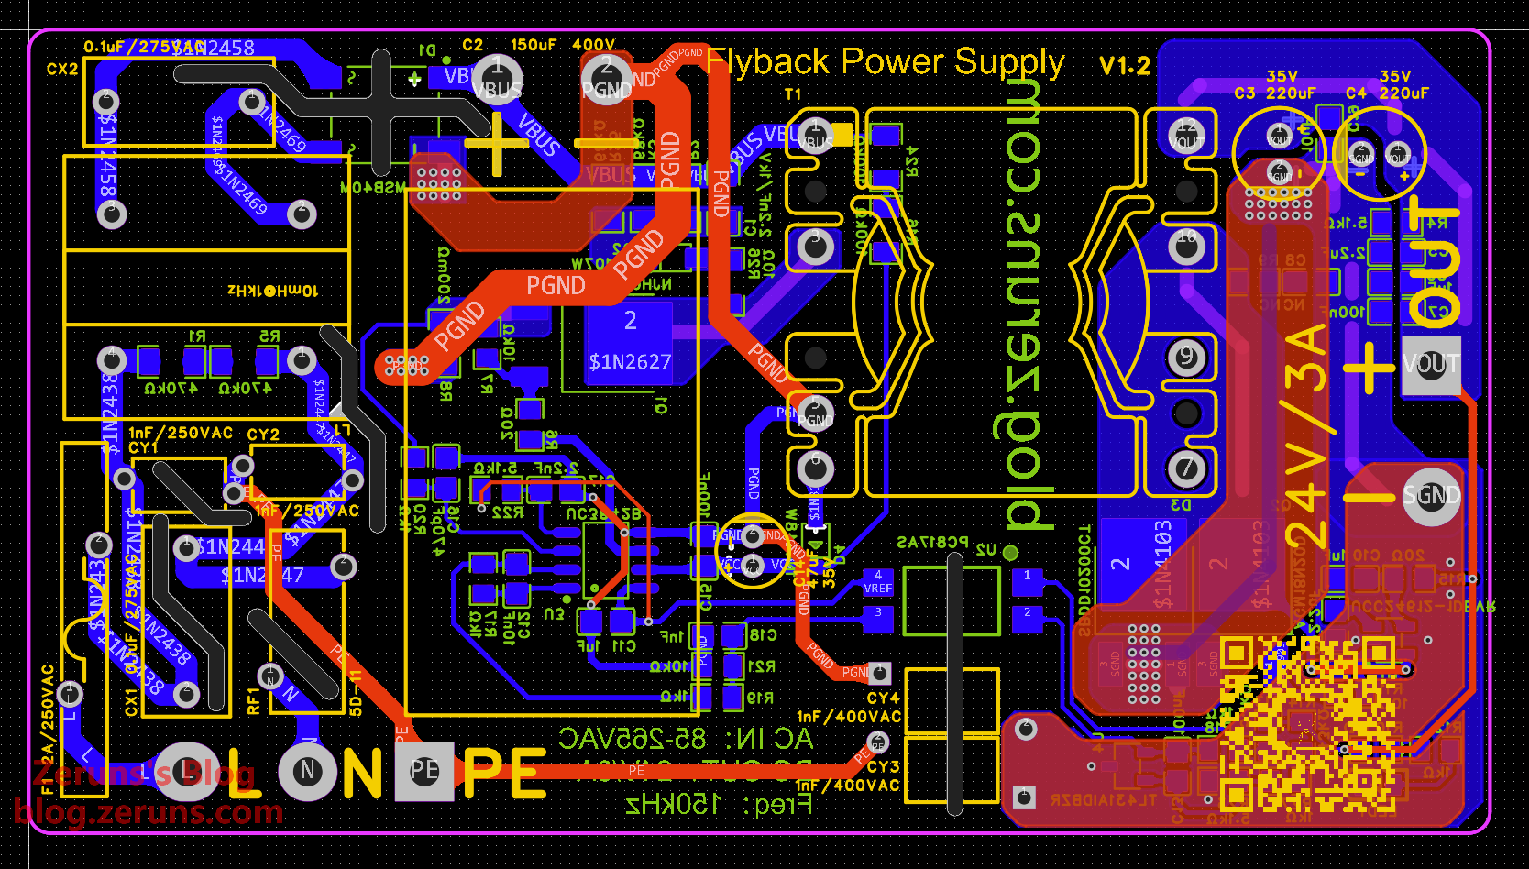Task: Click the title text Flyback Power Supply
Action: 885,62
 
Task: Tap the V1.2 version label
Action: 1124,66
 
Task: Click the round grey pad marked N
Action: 308,771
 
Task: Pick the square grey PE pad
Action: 423,770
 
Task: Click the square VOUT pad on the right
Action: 1431,364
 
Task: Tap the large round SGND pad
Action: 1431,496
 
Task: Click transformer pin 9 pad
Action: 1186,357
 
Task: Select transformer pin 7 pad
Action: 1186,468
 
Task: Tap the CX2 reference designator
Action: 62,70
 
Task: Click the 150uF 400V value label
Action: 562,45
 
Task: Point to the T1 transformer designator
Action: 793,94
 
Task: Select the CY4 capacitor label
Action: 883,698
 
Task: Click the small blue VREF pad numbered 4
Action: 877,582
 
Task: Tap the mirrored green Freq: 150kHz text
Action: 719,806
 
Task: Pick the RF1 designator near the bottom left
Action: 254,701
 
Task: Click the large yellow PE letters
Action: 505,773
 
